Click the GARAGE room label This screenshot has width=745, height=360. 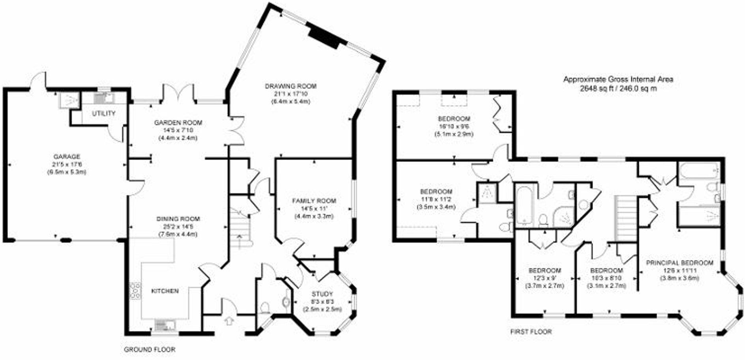tap(67, 156)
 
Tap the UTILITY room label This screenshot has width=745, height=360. tap(104, 113)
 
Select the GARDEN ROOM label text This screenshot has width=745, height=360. tap(178, 122)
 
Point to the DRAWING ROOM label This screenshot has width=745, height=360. tap(290, 86)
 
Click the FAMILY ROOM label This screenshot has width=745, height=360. tap(314, 201)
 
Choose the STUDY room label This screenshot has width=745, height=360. tap(322, 294)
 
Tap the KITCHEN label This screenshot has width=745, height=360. tap(165, 291)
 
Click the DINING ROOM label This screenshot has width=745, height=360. tap(178, 219)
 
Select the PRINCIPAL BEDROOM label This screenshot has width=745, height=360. tap(679, 262)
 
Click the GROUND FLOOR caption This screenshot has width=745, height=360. tap(150, 349)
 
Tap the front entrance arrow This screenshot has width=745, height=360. tap(229, 320)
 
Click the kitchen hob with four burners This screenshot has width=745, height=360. tap(135, 291)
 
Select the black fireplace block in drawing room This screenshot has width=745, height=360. tap(324, 37)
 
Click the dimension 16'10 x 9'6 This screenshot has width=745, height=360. tap(454, 126)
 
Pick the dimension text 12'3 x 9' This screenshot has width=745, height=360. tap(545, 278)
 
